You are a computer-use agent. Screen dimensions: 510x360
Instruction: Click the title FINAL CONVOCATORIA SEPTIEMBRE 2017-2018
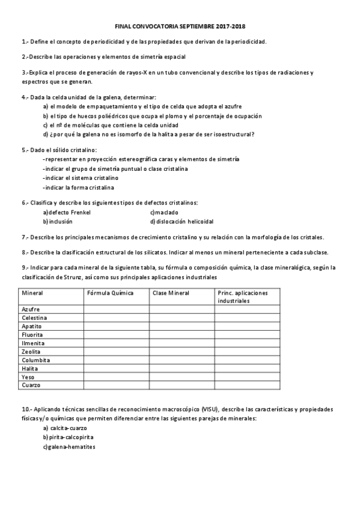[x=180, y=27]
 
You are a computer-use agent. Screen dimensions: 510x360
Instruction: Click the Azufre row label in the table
[x=31, y=309]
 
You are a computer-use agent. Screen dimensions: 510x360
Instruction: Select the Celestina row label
[x=34, y=318]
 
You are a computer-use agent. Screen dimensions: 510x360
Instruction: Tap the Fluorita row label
[x=32, y=334]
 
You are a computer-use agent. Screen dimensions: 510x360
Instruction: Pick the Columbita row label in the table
[x=35, y=360]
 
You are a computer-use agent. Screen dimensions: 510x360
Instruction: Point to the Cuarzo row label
[x=31, y=385]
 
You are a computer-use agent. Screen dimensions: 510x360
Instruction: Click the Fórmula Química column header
[x=110, y=293]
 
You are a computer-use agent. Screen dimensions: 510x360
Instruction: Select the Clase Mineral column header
[x=171, y=293]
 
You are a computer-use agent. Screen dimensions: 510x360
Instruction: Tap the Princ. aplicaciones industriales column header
[x=243, y=296]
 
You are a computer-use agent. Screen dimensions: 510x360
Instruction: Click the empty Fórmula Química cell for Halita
[x=116, y=368]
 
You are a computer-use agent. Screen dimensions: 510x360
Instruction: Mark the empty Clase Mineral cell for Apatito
[x=182, y=326]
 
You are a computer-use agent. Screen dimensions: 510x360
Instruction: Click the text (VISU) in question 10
[x=210, y=409]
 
